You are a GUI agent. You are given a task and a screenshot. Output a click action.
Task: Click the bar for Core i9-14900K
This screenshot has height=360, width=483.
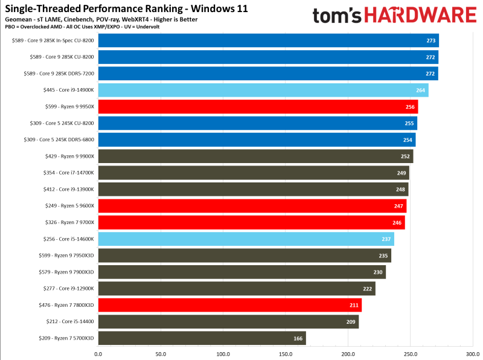coord(263,91)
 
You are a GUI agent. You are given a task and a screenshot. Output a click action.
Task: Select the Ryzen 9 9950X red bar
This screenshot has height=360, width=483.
coord(258,107)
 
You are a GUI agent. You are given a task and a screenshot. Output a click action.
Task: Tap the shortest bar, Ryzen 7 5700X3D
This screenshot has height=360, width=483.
coord(202,338)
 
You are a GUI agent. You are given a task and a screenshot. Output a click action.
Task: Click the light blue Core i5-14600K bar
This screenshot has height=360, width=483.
coord(246,239)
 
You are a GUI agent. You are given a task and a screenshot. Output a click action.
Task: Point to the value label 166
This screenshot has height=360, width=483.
coord(298,338)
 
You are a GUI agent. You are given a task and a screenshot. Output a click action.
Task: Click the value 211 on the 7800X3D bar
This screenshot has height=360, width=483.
coord(354,305)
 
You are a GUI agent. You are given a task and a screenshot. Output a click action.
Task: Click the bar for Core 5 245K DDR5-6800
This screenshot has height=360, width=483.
coord(257,140)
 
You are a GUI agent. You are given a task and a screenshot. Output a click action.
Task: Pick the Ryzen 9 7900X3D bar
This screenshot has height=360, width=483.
coord(241,272)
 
